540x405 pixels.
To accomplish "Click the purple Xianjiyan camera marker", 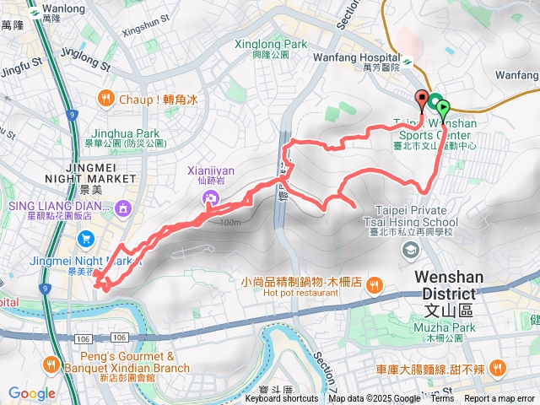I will (210, 198).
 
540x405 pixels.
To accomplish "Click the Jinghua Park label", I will (136, 138).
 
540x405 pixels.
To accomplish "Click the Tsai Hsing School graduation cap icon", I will (411, 248).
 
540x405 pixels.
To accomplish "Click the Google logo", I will (31, 393).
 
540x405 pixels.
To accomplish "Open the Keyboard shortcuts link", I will (282, 399).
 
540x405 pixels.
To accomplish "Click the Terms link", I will (442, 399).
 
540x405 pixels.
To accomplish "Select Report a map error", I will (500, 399).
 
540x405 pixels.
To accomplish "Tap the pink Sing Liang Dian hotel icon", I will (122, 206).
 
